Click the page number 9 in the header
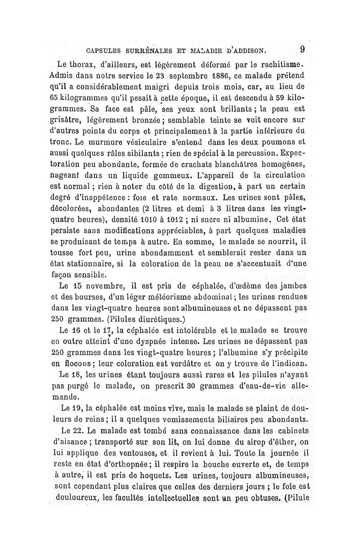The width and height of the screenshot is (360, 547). click(302, 48)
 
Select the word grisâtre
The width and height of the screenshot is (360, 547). click(70, 120)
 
